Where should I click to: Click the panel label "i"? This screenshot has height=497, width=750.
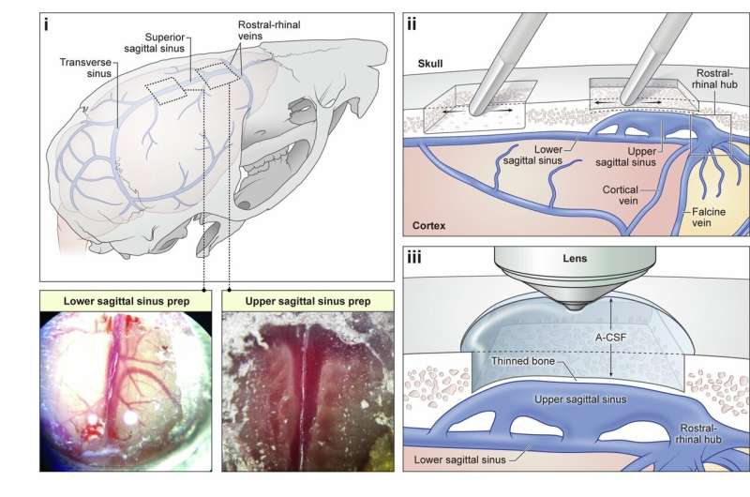point(46,23)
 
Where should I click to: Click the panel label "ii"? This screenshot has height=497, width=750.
point(412,23)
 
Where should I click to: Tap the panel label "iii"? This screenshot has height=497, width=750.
point(413,254)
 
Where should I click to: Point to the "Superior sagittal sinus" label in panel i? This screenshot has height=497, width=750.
point(157,42)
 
